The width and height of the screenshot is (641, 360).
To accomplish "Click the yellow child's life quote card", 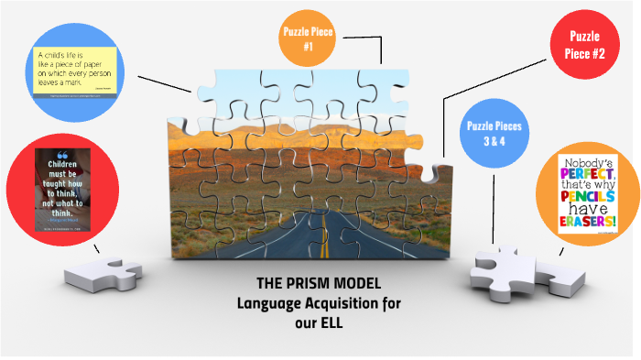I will pos(72,69).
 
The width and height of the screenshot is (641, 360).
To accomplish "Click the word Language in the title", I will pos(268,303).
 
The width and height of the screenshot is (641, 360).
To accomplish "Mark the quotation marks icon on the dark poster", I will pos(63,155).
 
